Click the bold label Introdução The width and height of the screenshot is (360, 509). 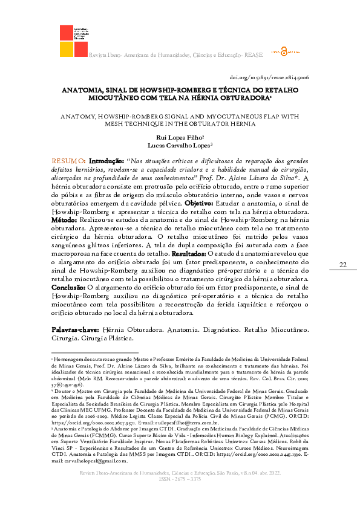(105, 161)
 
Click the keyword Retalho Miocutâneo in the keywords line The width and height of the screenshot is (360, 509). (276, 331)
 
